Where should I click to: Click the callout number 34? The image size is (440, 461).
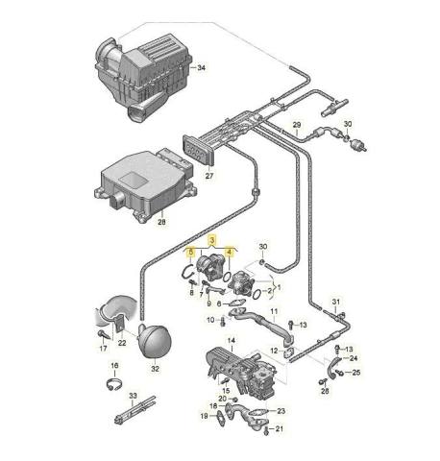click(201, 67)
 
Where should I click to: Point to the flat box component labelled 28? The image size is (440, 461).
click(145, 185)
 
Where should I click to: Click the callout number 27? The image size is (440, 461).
click(209, 176)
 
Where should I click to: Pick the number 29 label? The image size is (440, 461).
click(297, 125)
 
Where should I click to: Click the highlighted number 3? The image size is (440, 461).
click(212, 239)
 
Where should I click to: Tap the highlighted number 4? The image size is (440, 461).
click(230, 253)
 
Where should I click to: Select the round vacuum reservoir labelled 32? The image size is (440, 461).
click(155, 340)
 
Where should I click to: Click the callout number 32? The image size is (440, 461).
click(155, 369)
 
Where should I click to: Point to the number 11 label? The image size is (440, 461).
click(274, 311)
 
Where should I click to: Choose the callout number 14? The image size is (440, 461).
click(232, 340)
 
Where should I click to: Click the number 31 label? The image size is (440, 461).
click(336, 302)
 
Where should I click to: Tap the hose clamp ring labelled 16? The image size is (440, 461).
click(114, 384)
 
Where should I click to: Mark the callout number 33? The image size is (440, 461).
click(133, 396)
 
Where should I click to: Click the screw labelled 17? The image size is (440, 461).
click(104, 335)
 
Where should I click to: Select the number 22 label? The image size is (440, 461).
click(122, 343)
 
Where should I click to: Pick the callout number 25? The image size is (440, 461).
click(356, 373)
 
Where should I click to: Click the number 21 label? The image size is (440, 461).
click(280, 428)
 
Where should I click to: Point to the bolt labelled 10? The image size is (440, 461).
click(223, 321)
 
